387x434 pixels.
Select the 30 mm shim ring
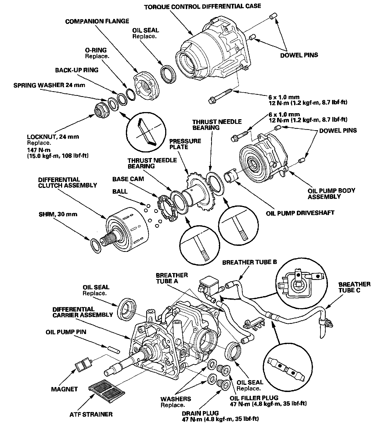point(96,245)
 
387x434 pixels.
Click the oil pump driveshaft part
point(230,176)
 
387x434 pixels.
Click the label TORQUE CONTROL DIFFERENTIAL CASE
point(203,6)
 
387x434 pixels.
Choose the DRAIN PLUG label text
point(200,413)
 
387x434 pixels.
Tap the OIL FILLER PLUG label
point(254,398)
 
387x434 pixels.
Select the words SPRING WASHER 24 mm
point(49,85)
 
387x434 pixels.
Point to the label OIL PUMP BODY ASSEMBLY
point(331,193)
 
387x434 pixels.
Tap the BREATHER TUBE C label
point(354,287)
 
